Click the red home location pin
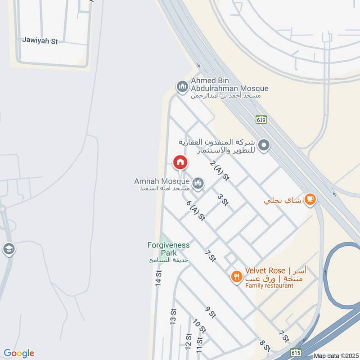click(x=180, y=162)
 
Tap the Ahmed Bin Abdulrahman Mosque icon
click(x=182, y=85)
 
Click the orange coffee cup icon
click(x=310, y=199)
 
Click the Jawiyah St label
click(x=40, y=40)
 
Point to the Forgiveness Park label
click(x=168, y=249)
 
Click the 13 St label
click(x=173, y=317)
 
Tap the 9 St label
click(x=210, y=311)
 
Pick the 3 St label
click(x=222, y=200)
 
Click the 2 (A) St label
click(x=220, y=171)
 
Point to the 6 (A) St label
click(x=196, y=210)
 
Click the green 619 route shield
click(x=262, y=119)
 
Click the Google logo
click(x=18, y=353)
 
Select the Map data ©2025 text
click(x=335, y=356)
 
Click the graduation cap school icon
click(x=9, y=248)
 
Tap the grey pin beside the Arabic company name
click(x=265, y=145)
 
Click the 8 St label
click(x=265, y=345)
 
